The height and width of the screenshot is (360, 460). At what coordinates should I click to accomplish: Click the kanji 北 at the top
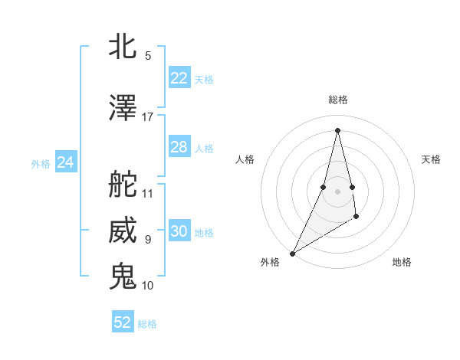pos(123,47)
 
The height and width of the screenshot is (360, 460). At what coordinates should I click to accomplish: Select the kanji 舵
pos(123,185)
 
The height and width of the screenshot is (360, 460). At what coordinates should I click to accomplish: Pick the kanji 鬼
pos(123,277)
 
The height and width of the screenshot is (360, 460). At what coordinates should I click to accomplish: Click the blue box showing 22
pos(179,78)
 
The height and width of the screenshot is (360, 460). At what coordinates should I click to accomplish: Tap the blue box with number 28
pos(179,147)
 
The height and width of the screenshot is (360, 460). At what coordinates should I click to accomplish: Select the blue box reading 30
pos(179,231)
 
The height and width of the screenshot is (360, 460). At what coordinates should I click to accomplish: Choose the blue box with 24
pos(65,162)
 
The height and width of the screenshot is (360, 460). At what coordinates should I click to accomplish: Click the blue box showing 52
pos(123,322)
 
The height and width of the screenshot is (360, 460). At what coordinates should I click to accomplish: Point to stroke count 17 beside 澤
pos(148,117)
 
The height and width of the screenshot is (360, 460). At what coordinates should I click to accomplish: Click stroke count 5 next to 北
pos(148,56)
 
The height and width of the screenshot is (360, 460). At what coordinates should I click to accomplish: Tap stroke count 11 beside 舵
pos(148,194)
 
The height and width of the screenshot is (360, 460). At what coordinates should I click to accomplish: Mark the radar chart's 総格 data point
pos(337,130)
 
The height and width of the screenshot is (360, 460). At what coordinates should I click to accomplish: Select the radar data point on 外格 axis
pos(292,253)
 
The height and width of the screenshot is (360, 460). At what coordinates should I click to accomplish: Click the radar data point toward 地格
pos(357,218)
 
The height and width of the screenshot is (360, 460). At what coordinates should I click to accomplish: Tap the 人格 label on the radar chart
pos(245,159)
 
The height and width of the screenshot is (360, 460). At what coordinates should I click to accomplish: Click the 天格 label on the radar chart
pos(431,159)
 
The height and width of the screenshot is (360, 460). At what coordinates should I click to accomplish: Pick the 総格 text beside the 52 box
pos(147,324)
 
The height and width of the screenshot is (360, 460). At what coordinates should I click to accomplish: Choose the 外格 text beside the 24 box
pos(41,164)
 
